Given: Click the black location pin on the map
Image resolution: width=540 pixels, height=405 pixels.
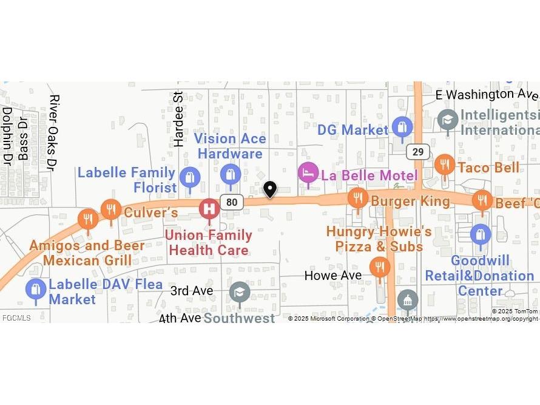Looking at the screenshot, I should (270, 189).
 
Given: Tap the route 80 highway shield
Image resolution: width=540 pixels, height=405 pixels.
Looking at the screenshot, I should (232, 202).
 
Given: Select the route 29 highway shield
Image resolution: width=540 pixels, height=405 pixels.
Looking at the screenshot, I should (418, 152).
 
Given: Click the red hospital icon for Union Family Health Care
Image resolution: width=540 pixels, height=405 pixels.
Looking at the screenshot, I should (209, 209).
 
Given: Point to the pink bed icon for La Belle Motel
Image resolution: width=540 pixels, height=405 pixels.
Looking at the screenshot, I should (308, 172).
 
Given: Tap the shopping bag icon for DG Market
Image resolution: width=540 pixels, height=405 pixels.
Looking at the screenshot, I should (402, 128).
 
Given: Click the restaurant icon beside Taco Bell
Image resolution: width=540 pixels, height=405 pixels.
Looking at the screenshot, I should (445, 164).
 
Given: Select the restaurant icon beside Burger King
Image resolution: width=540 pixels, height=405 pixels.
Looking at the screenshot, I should (358, 197).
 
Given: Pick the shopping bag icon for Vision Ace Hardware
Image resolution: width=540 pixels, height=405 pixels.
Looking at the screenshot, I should (230, 175).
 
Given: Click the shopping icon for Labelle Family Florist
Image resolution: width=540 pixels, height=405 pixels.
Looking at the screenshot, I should (190, 177).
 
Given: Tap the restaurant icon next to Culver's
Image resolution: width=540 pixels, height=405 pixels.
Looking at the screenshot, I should (110, 209).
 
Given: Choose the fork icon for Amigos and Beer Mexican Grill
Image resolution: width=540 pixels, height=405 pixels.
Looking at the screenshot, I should (89, 219).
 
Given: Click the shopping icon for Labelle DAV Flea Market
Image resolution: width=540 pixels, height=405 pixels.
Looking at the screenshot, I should (36, 289).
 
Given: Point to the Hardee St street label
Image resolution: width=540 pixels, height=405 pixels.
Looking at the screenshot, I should (178, 119).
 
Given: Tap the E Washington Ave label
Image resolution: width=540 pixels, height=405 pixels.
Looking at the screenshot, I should (487, 94).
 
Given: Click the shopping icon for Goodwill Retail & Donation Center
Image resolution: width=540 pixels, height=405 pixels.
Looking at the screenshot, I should (480, 234).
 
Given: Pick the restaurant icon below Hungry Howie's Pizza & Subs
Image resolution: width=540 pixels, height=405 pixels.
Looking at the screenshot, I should (380, 267).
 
